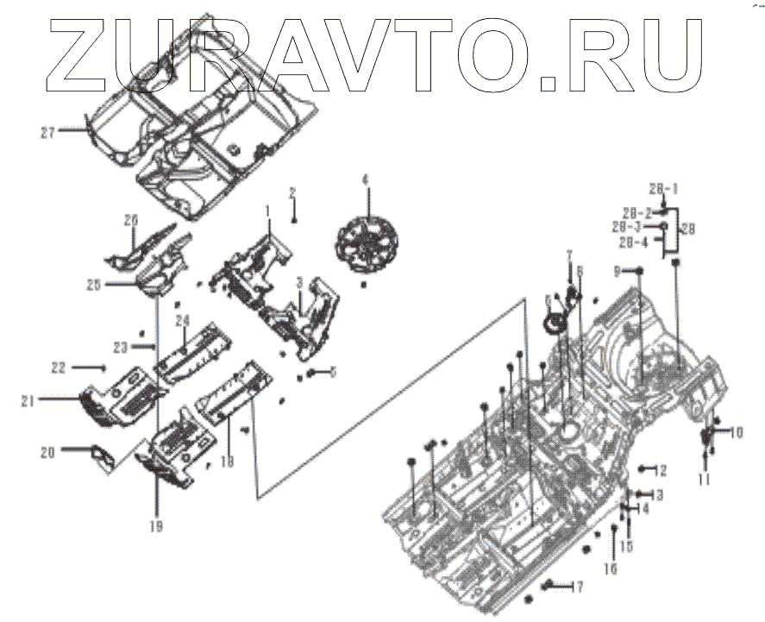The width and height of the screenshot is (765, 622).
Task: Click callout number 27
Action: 47,133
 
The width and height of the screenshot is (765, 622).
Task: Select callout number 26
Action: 130,220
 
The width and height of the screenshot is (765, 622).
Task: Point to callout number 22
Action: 58,368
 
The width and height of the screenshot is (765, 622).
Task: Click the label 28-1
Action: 663,187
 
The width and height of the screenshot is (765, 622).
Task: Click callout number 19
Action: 156,525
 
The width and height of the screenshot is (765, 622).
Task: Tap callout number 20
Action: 48,450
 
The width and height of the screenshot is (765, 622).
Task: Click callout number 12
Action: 661,470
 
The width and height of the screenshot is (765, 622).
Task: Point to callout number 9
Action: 617,271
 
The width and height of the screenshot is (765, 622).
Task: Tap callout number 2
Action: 292,192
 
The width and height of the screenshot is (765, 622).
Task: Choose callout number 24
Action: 182,321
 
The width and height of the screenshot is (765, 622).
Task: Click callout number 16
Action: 611,567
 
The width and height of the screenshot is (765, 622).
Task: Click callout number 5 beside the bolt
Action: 333,372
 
